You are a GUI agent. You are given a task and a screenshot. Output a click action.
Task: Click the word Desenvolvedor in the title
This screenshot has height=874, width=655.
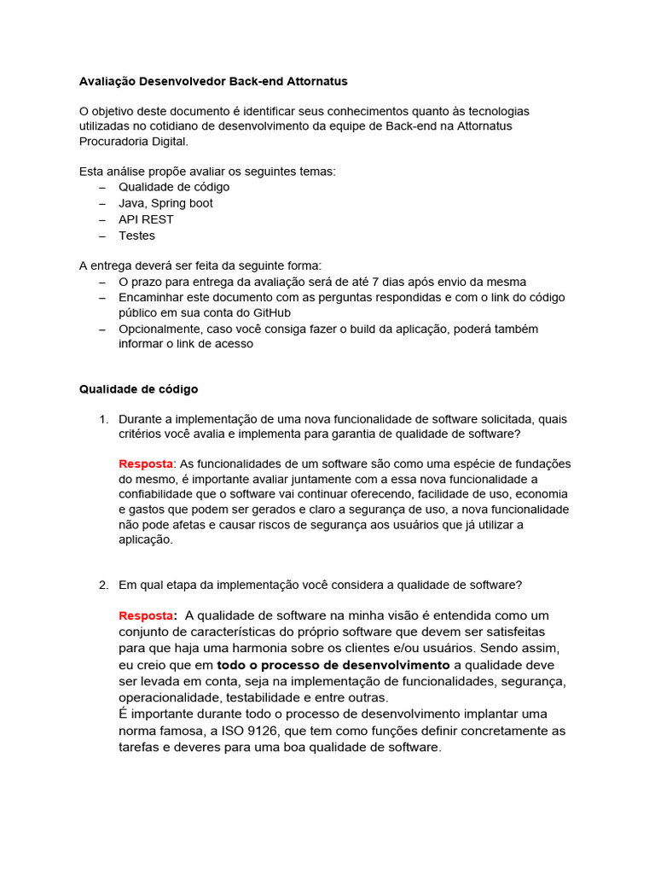tap(180, 81)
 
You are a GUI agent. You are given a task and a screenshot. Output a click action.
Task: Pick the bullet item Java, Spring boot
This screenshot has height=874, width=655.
tap(165, 203)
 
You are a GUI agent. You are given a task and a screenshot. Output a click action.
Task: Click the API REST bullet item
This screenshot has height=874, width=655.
tap(146, 219)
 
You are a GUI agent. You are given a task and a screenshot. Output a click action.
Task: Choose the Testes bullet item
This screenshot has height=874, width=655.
tap(136, 236)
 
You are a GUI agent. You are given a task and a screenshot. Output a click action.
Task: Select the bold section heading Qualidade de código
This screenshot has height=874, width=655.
tap(138, 389)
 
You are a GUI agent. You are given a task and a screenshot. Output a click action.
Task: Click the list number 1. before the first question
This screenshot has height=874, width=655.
tap(104, 419)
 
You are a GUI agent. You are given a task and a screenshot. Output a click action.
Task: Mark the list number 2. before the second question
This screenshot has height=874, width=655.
tap(104, 585)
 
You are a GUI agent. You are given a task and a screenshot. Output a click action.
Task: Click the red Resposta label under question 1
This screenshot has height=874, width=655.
tap(146, 463)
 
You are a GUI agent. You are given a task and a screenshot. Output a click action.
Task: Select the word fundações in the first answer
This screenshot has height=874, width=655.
tap(541, 463)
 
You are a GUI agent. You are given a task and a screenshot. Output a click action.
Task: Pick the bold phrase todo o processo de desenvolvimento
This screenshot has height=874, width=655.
tap(333, 665)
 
